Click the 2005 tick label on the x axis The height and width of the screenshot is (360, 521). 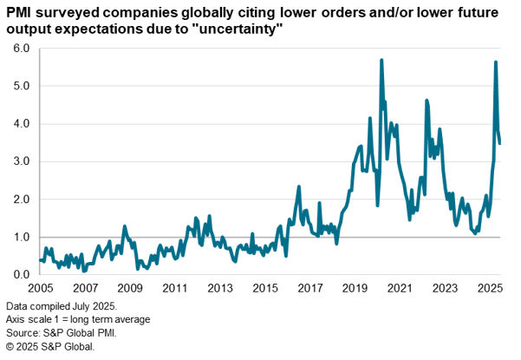[x=40, y=287]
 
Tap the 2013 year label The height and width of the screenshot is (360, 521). [x=220, y=287]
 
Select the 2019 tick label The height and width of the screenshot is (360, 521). [x=355, y=287]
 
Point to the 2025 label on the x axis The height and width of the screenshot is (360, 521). [x=490, y=287]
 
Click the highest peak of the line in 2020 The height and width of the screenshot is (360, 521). [x=381, y=60]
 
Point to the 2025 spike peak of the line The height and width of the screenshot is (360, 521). [x=496, y=62]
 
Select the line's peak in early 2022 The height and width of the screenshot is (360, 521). [x=427, y=101]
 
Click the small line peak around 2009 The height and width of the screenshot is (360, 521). [x=125, y=226]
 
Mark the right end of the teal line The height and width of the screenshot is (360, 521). [x=501, y=143]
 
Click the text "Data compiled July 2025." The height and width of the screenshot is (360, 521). [x=61, y=307]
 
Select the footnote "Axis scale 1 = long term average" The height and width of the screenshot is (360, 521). [x=78, y=320]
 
